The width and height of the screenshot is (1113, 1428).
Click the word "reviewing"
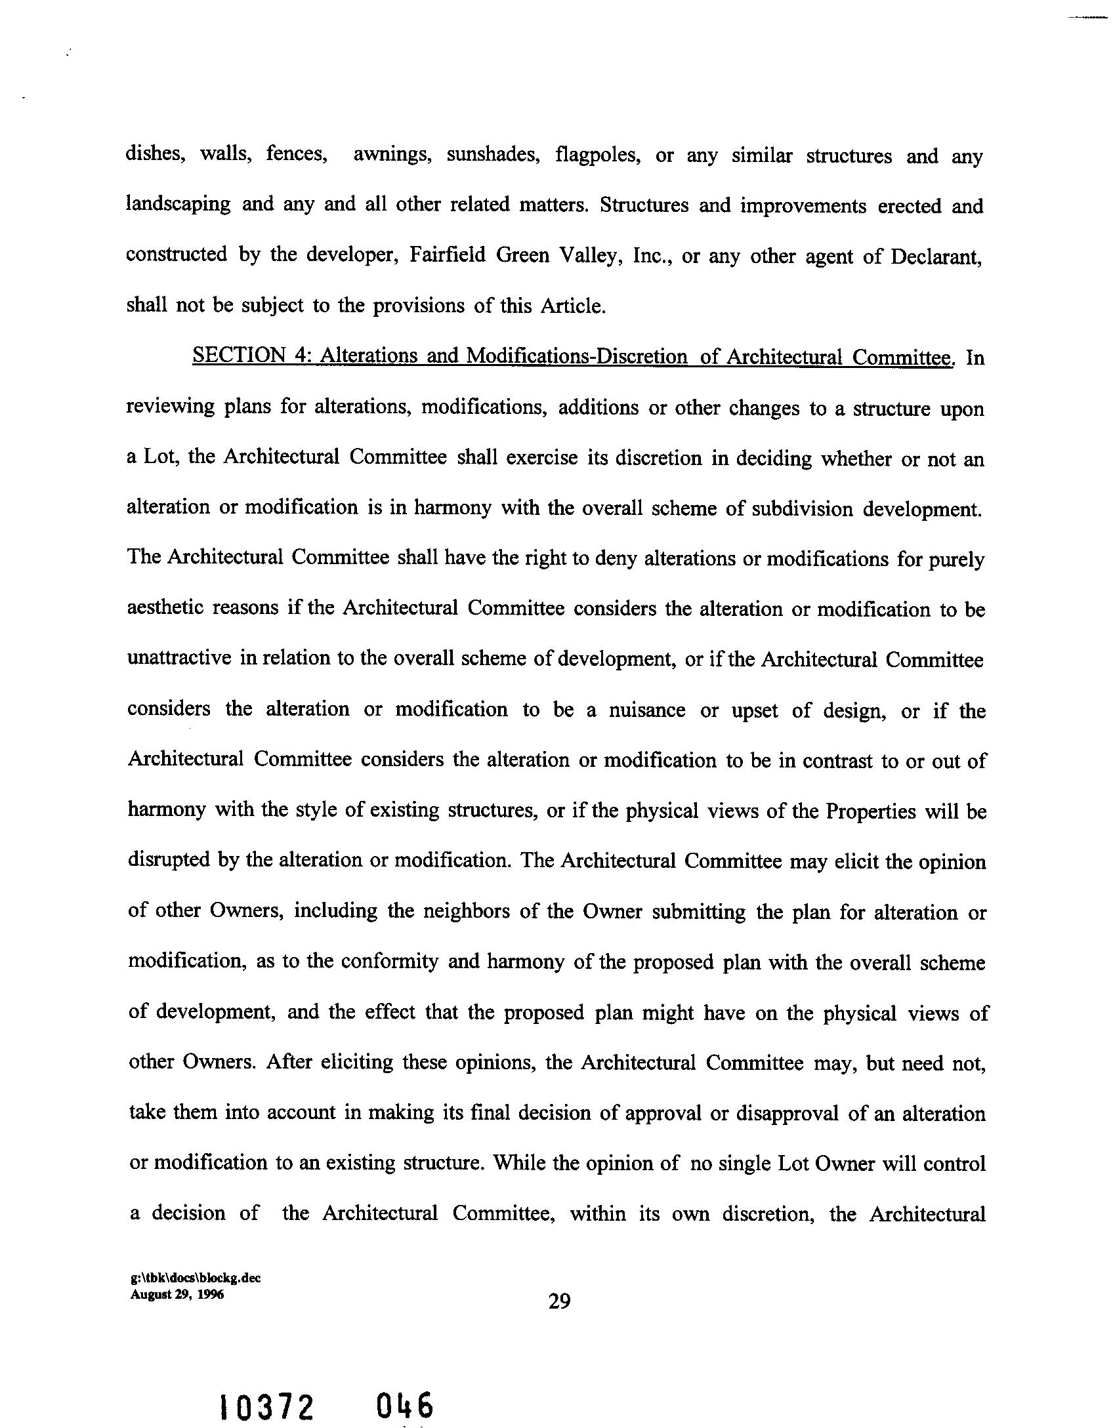tap(169, 407)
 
